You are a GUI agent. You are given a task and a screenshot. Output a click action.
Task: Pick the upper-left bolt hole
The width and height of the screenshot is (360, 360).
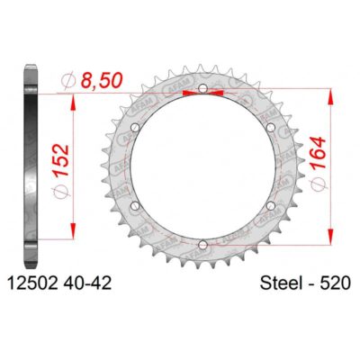click(136, 129)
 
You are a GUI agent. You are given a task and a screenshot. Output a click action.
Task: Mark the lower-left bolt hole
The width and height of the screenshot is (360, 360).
click(136, 205)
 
